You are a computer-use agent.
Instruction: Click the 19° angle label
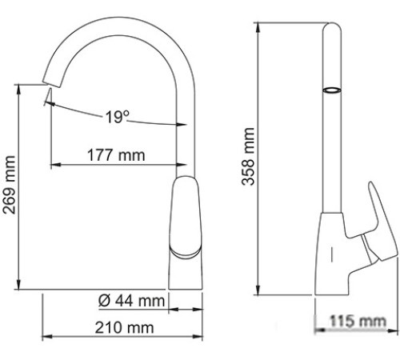coord(117,118)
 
